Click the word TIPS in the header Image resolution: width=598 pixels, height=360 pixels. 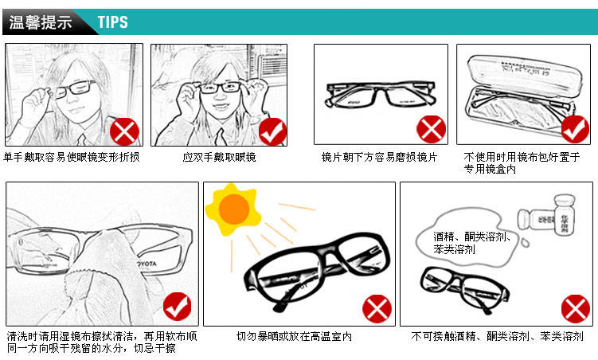click(112, 22)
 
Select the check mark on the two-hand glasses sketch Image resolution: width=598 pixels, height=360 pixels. click(272, 131)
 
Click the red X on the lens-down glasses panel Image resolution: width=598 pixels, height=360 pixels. click(430, 128)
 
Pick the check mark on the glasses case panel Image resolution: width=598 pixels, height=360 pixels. click(575, 128)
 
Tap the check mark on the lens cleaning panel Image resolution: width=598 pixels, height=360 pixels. click(177, 307)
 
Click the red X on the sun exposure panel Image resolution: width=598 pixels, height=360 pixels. click(377, 307)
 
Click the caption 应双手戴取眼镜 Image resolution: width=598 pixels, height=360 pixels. click(220, 157)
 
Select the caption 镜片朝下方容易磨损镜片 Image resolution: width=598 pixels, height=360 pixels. click(379, 157)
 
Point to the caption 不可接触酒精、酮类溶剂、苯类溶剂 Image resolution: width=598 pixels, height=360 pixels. click(498, 337)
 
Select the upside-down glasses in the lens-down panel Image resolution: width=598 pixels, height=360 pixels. click(381, 93)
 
